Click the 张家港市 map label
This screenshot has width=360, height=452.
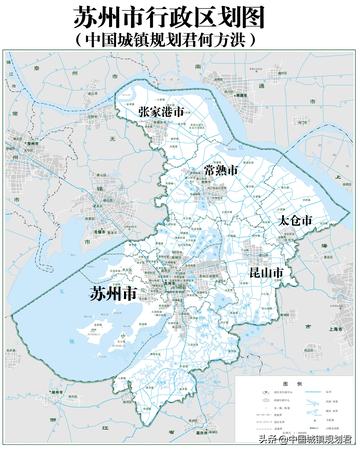point(163,112)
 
